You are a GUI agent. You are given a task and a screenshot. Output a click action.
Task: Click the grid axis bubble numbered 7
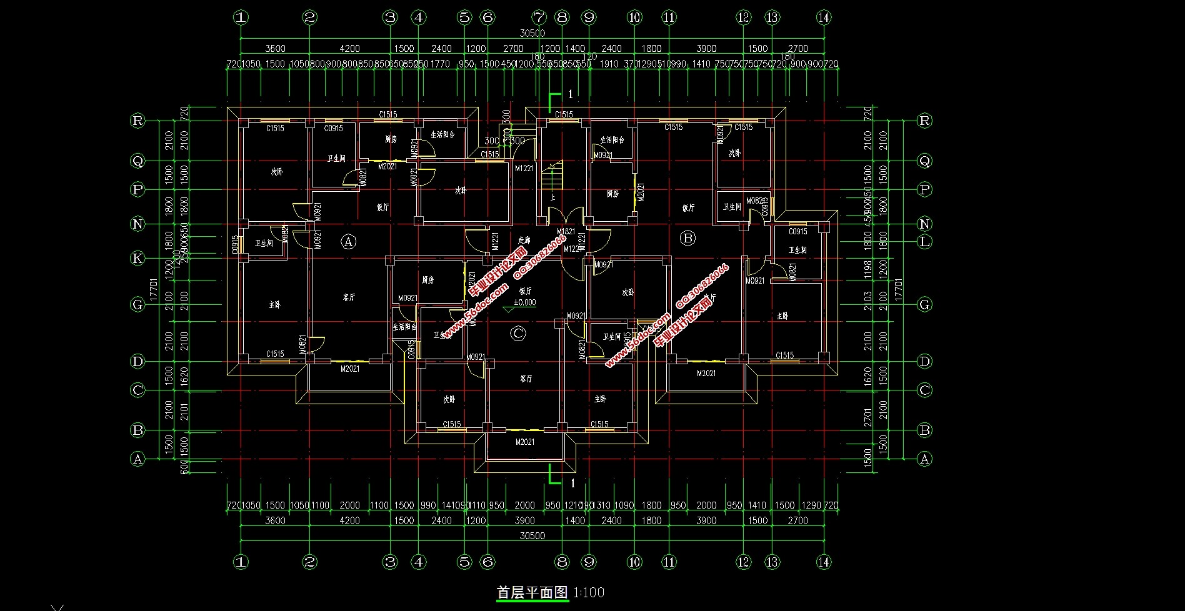click(x=539, y=17)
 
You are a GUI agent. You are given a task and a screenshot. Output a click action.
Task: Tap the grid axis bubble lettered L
click(x=924, y=242)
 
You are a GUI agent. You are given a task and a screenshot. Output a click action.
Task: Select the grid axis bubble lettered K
click(x=138, y=258)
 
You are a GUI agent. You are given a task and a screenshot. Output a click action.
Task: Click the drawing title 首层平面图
click(x=532, y=592)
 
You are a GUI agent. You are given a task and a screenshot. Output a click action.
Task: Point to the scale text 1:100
click(x=588, y=592)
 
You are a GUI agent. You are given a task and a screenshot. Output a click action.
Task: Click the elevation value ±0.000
click(x=524, y=302)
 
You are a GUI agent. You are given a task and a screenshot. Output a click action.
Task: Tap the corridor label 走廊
click(x=524, y=240)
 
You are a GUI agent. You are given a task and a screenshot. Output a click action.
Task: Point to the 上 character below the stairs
click(x=552, y=198)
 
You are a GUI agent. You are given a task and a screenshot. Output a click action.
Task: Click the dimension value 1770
click(x=441, y=64)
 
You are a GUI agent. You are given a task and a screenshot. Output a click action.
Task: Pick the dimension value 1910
click(x=608, y=64)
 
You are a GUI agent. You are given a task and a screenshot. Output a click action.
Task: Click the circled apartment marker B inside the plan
click(x=687, y=238)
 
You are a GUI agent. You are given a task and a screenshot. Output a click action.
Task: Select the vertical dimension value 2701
click(x=867, y=417)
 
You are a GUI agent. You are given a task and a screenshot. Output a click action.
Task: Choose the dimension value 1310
click(x=603, y=505)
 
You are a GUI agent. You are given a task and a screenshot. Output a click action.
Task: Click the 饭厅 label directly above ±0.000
click(x=525, y=291)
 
